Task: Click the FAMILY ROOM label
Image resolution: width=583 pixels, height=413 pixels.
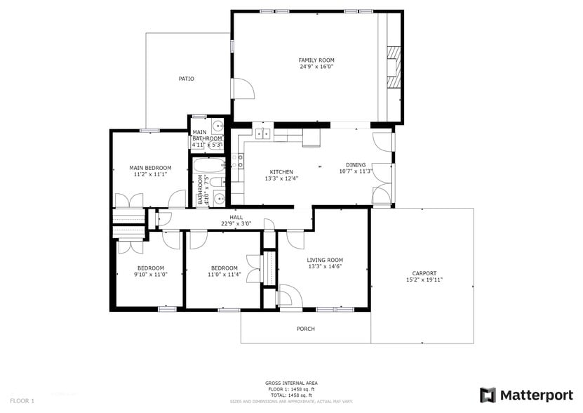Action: pyautogui.click(x=316, y=60)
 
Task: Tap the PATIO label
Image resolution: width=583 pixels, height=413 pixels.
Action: pyautogui.click(x=186, y=79)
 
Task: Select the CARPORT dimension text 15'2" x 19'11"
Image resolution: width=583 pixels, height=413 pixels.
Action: pyautogui.click(x=424, y=280)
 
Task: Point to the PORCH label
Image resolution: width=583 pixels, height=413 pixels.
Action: pyautogui.click(x=305, y=329)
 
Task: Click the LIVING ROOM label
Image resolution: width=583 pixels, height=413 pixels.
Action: pyautogui.click(x=325, y=260)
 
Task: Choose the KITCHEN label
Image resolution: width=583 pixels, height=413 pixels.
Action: pyautogui.click(x=281, y=172)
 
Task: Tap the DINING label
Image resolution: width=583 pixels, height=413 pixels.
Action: pyautogui.click(x=355, y=164)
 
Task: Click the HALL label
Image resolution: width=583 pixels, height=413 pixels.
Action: pyautogui.click(x=236, y=217)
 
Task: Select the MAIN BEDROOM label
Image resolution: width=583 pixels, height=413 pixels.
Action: pyautogui.click(x=150, y=168)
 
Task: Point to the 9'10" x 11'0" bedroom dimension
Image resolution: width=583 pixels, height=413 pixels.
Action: pyautogui.click(x=151, y=274)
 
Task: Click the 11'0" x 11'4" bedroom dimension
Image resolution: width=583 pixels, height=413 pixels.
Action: pyautogui.click(x=224, y=274)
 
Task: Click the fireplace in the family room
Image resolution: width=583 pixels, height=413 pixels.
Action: pyautogui.click(x=395, y=67)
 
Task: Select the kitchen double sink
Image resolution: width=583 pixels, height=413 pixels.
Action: pyautogui.click(x=263, y=133)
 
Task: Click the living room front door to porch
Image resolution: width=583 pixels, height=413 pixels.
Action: pyautogui.click(x=288, y=296)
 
